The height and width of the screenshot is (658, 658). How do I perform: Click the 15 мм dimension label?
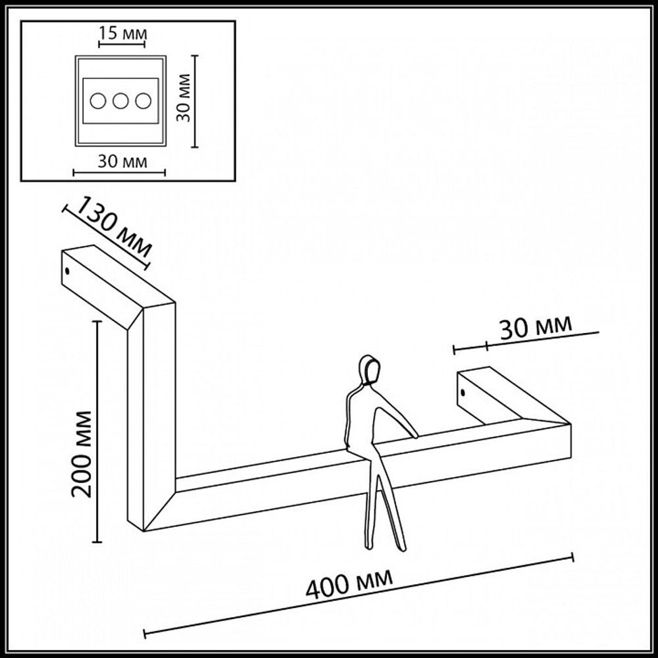click(x=122, y=33)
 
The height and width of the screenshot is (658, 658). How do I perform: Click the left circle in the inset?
click(x=98, y=101)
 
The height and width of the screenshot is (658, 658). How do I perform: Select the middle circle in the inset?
click(x=120, y=101)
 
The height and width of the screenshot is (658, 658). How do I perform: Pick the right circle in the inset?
click(x=143, y=101)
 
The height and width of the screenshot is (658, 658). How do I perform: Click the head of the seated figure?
click(x=370, y=369)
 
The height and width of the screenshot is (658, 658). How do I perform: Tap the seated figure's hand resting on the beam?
click(x=413, y=434)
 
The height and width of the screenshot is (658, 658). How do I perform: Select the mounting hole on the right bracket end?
click(x=463, y=393)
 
